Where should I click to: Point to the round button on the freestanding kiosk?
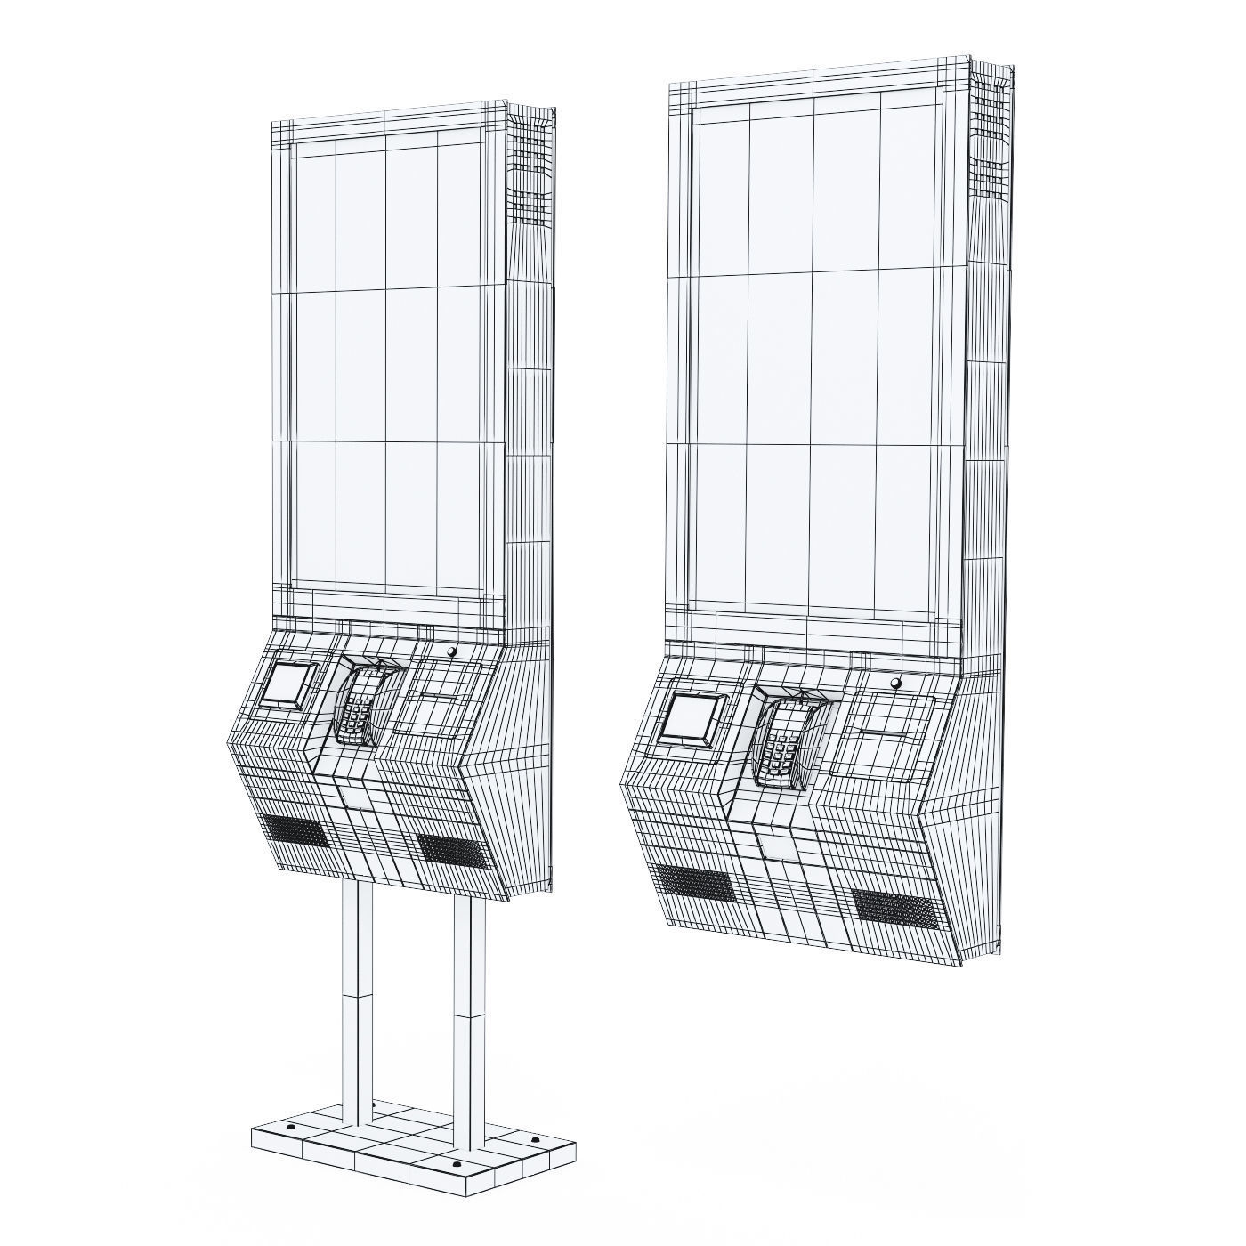pyautogui.click(x=451, y=651)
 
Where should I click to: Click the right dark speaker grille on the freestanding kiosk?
pyautogui.click(x=454, y=850)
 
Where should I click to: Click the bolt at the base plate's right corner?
pyautogui.click(x=535, y=1139)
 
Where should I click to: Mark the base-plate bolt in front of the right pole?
pyautogui.click(x=456, y=1162)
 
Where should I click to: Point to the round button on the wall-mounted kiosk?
pyautogui.click(x=895, y=683)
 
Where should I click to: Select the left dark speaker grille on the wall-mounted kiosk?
pyautogui.click(x=692, y=882)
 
